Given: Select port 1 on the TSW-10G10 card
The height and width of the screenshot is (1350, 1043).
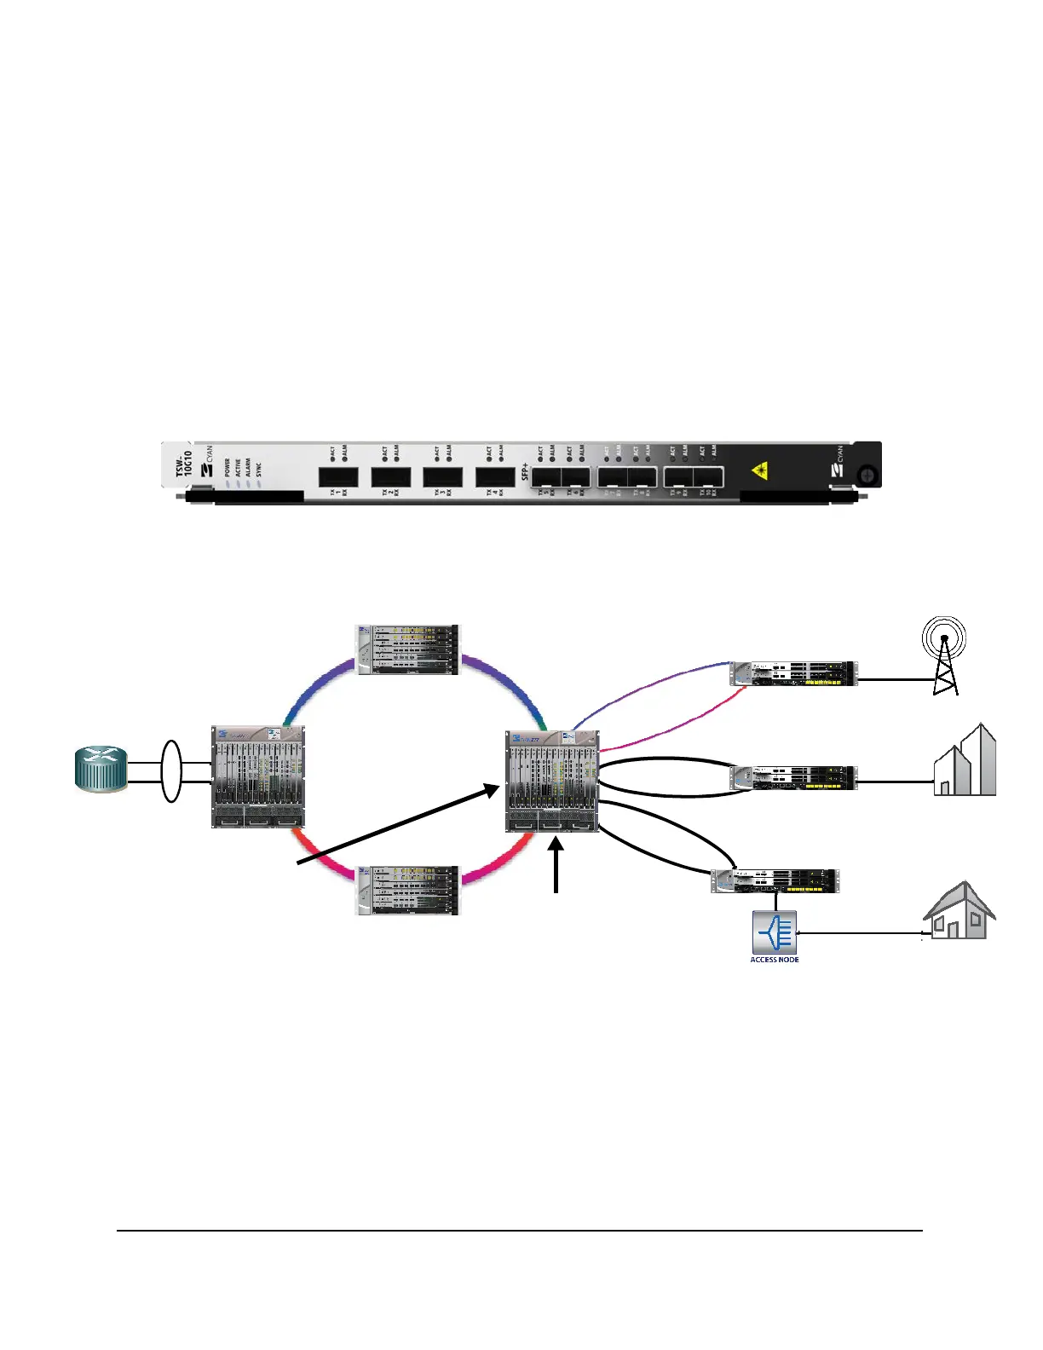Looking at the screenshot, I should click(338, 477).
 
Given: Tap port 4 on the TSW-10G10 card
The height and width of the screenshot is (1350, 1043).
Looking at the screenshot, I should click(495, 477).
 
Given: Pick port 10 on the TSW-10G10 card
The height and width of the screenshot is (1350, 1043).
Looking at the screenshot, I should click(708, 478).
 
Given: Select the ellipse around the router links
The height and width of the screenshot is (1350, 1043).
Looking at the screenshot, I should click(171, 770).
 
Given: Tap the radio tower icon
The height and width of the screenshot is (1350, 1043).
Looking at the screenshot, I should click(944, 657).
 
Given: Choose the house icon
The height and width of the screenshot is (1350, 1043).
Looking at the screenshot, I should click(959, 911).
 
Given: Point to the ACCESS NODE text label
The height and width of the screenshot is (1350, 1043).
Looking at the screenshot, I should click(775, 960).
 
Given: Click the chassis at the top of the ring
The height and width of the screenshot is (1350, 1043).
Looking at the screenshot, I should click(407, 650).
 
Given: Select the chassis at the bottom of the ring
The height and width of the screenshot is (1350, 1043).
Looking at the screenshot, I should click(407, 891).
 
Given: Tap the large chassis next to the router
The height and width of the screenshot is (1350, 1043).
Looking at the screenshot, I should click(258, 776).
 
